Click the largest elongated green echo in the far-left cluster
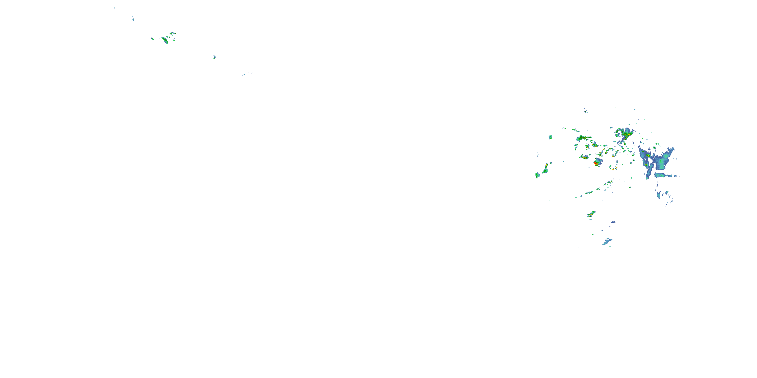165,40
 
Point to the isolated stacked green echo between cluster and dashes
214,57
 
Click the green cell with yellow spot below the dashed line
591,214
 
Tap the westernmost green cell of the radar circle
537,175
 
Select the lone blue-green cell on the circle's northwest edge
550,137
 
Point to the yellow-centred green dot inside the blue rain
648,155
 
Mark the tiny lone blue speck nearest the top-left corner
115,8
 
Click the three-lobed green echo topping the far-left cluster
173,34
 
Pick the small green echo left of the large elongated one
152,39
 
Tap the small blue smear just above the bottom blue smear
613,222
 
